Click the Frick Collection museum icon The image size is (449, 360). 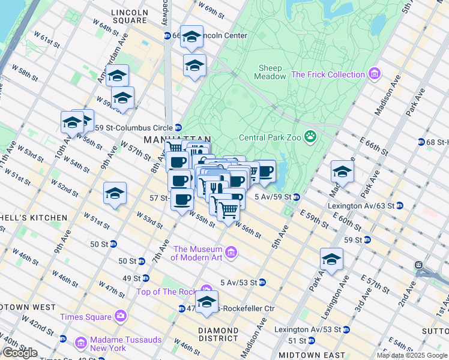coord(375,74)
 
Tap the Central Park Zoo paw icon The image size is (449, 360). coord(310,137)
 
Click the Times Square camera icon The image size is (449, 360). coord(121,316)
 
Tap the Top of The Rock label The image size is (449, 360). coord(166,292)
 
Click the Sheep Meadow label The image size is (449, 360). coord(270,72)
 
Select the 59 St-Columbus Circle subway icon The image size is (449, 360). coord(178,127)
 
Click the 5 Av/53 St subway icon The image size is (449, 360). coord(262,282)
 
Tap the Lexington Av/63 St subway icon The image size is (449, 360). coord(400,205)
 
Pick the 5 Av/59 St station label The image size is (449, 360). coord(273,197)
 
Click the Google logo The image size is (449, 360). coord(20,353)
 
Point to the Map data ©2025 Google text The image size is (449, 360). coord(411,355)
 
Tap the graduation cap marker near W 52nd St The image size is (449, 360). coord(115,194)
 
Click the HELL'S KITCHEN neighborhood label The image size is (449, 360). coord(34,217)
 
